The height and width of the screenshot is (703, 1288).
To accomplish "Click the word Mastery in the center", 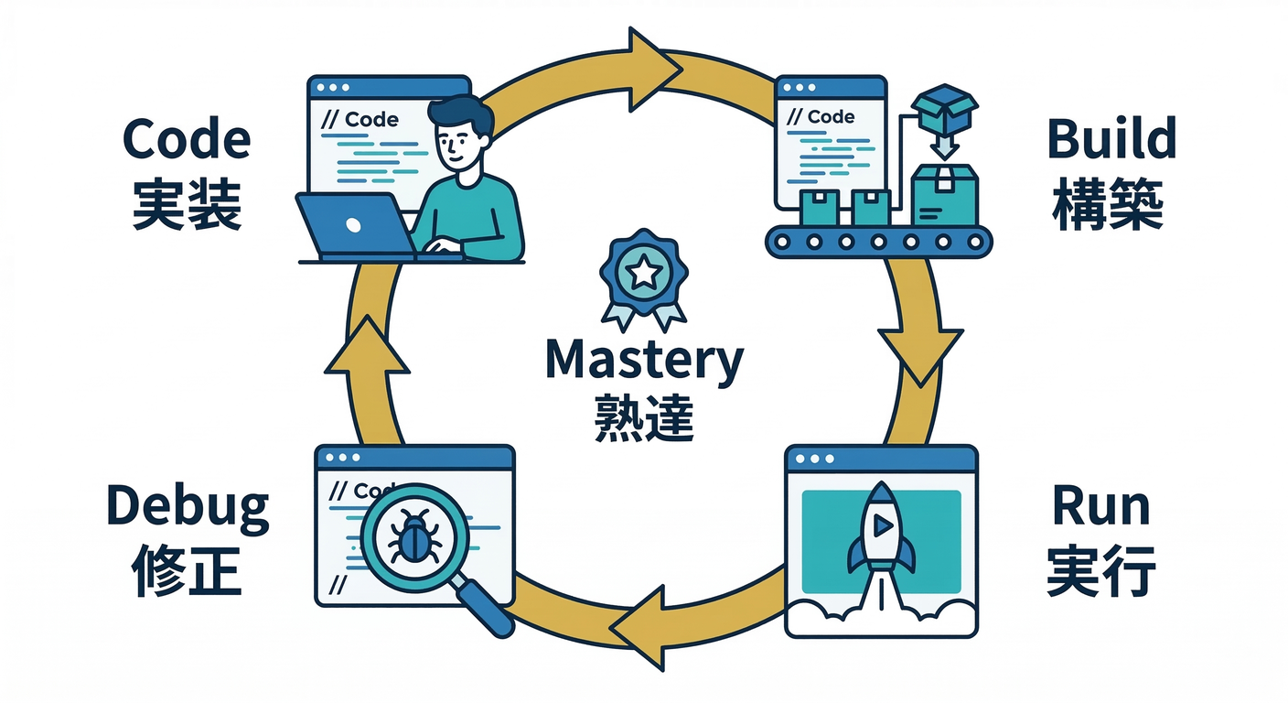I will (643, 361).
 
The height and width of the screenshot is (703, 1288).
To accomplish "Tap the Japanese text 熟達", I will (643, 417).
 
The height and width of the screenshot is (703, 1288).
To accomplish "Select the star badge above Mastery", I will (643, 272).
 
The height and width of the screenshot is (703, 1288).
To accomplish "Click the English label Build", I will (1111, 141).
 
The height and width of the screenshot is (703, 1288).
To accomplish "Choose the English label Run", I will (1101, 506).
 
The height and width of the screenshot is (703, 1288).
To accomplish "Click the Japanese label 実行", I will (1101, 571).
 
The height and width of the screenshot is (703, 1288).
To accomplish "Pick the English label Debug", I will (188, 506).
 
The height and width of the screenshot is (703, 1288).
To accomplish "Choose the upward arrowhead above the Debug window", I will (368, 348).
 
